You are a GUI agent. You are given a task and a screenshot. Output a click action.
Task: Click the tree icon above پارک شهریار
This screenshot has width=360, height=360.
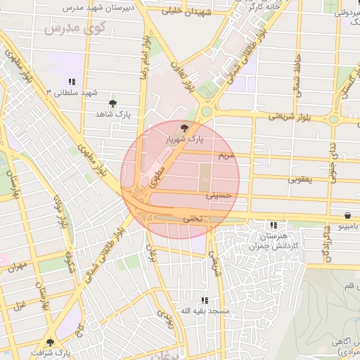185,128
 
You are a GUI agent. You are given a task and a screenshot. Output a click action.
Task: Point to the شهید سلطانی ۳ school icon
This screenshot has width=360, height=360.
73,82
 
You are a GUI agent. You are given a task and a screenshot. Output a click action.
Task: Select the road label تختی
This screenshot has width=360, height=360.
192,219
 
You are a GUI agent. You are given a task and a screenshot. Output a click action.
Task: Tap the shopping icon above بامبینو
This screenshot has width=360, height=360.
348,216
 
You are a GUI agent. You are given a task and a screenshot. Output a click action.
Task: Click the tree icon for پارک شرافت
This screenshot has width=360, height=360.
50,342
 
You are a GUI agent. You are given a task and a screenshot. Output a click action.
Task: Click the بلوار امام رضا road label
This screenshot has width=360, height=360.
144,60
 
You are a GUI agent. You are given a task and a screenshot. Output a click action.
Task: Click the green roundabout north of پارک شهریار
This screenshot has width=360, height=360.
206,111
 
